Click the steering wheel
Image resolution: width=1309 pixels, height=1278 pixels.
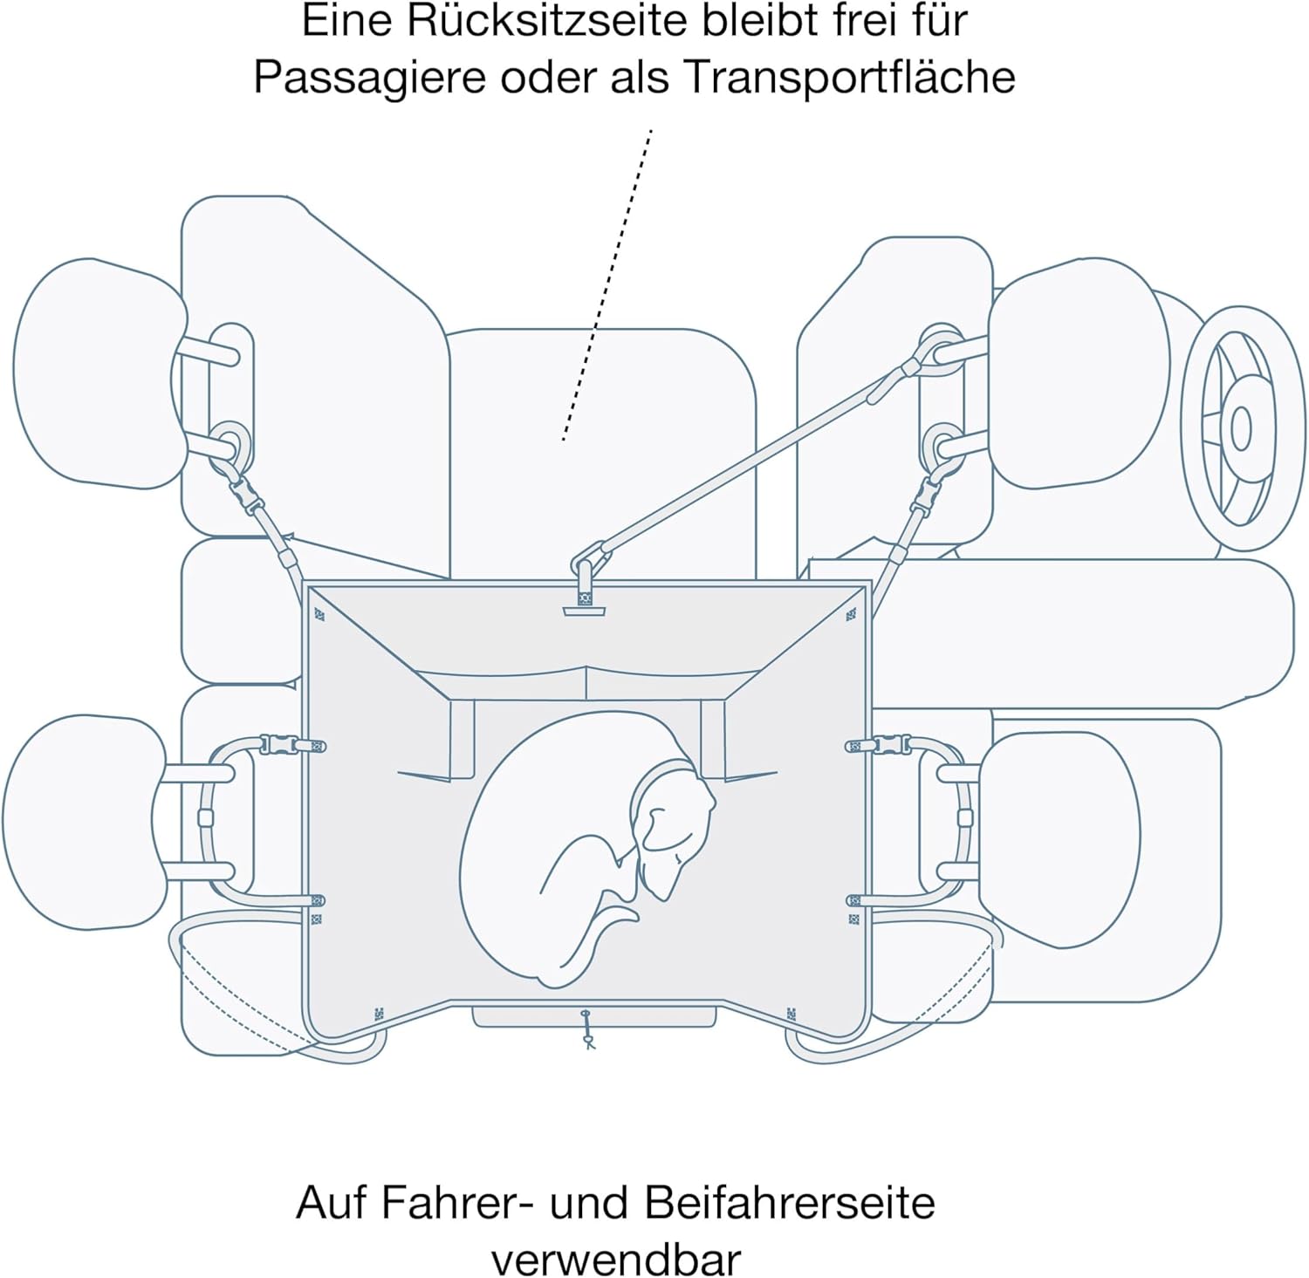[x=1240, y=427]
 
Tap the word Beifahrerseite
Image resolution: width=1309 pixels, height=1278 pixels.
[x=790, y=1203]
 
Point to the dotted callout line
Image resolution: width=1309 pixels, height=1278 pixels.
[x=607, y=284]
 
